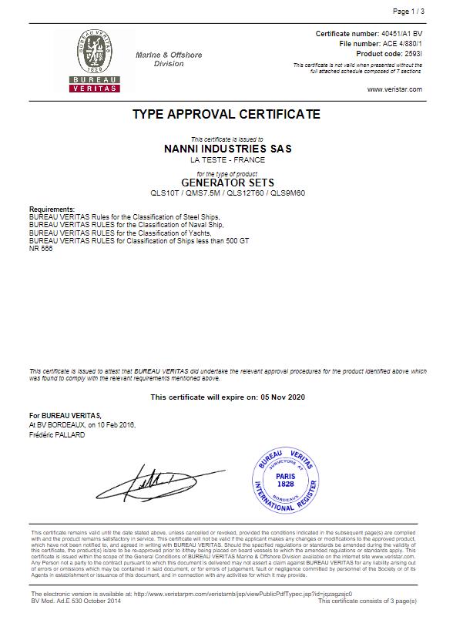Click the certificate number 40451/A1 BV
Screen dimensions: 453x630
tap(403, 35)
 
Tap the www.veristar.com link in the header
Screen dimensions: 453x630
tap(394, 89)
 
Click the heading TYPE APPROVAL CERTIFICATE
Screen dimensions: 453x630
tap(226, 114)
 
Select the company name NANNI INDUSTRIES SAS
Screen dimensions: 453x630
tap(228, 149)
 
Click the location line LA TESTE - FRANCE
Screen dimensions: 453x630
tap(227, 160)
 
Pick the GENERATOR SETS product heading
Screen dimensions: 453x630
tap(227, 183)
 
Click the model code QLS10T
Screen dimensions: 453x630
tap(163, 193)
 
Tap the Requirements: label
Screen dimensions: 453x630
tap(52, 209)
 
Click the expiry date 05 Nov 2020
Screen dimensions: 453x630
tap(280, 397)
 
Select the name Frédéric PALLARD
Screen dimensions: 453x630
tap(57, 435)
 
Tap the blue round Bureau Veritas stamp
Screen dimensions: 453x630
tap(285, 482)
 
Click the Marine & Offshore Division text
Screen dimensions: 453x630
tap(169, 59)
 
